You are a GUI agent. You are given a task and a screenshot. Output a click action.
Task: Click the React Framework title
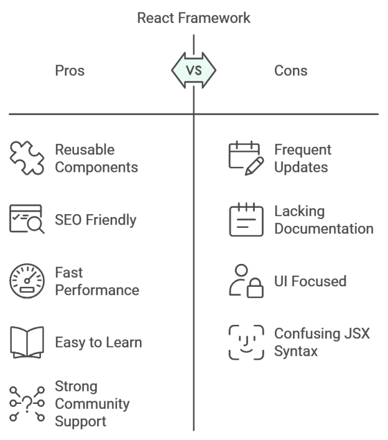(193, 18)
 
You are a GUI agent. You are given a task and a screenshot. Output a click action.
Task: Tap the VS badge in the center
(194, 70)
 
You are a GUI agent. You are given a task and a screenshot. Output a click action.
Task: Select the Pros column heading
(70, 70)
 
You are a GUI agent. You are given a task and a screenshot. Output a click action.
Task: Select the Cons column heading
(291, 70)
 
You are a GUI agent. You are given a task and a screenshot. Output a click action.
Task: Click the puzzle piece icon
(27, 159)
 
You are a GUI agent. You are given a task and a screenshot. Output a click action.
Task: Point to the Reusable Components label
(96, 159)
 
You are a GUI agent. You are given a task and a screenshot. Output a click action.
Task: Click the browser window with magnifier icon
(27, 220)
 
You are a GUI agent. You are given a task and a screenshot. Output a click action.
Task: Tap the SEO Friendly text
(96, 220)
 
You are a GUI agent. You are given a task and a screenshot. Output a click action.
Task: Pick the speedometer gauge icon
(27, 281)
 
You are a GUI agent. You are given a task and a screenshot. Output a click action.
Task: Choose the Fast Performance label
(96, 281)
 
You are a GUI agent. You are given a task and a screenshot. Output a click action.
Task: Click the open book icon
(27, 342)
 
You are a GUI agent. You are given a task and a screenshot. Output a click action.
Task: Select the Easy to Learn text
(98, 342)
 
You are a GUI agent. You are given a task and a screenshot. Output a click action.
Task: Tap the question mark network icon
(27, 403)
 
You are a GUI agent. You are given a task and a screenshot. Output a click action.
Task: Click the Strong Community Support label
(92, 403)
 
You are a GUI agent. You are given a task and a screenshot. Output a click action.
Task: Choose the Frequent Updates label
(303, 159)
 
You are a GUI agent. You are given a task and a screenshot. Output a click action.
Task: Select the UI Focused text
(310, 281)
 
